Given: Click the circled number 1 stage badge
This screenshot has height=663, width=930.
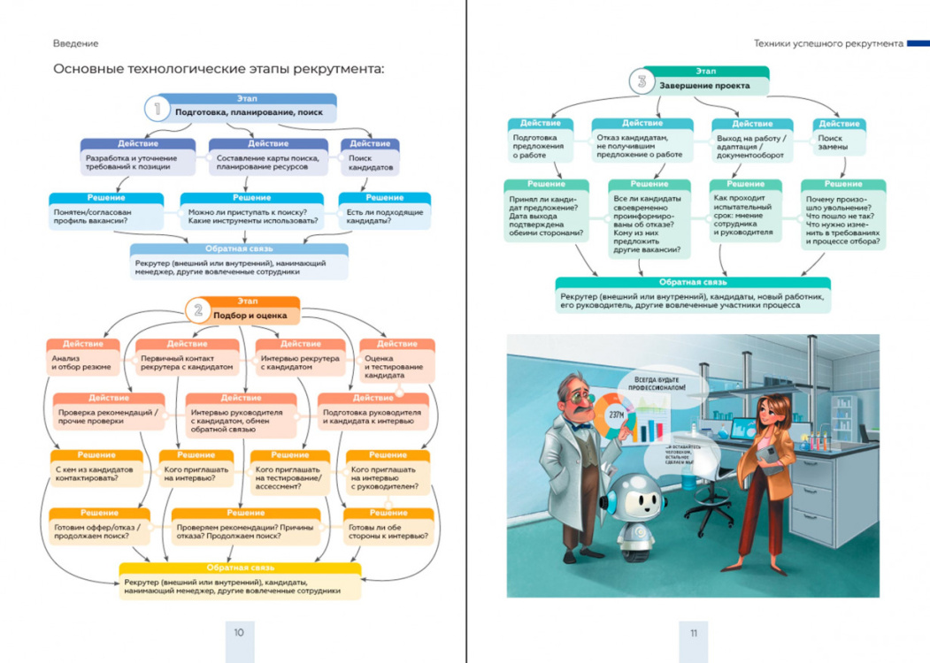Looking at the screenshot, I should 158,110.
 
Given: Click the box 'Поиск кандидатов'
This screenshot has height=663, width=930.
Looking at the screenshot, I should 369,163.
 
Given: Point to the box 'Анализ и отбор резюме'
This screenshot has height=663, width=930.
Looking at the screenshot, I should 84,362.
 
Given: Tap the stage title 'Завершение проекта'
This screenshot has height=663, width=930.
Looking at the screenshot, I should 705,87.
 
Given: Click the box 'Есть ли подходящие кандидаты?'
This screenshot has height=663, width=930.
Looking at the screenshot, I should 384,217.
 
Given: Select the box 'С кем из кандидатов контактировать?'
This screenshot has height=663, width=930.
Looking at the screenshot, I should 96,474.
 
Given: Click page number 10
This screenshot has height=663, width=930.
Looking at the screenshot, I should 238,632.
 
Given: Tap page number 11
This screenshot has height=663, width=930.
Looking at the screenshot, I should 694,632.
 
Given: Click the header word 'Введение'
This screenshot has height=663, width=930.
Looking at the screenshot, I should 75,43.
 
